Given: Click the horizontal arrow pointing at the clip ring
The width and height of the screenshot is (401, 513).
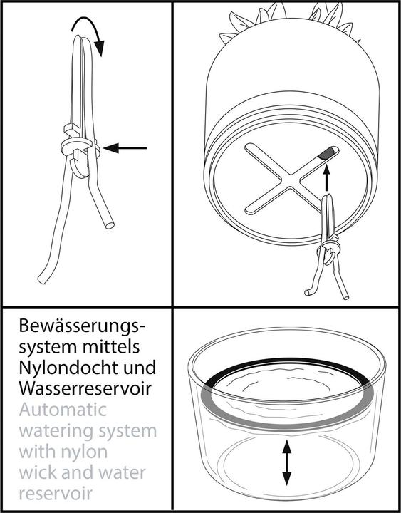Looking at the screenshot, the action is [x=125, y=148].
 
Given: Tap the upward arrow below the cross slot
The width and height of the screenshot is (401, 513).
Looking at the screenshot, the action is [x=326, y=177].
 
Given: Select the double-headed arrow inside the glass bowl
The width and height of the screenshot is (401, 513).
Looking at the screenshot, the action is [x=287, y=462].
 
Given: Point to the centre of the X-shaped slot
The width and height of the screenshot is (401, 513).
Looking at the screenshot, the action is [x=291, y=179].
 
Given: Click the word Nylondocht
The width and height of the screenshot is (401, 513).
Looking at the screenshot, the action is [x=68, y=368].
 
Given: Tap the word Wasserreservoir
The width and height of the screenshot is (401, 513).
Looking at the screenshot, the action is [x=85, y=388].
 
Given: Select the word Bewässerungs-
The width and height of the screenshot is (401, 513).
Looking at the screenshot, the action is [x=81, y=327].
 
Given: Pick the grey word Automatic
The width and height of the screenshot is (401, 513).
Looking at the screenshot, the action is [x=63, y=410].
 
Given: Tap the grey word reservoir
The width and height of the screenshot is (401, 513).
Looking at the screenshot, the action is [x=56, y=493].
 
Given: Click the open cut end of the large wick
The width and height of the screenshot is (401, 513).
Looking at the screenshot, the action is [x=110, y=225].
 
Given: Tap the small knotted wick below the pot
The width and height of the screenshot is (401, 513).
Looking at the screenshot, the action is [x=327, y=249].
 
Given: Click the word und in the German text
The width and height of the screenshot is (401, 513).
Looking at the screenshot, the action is [x=140, y=368].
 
